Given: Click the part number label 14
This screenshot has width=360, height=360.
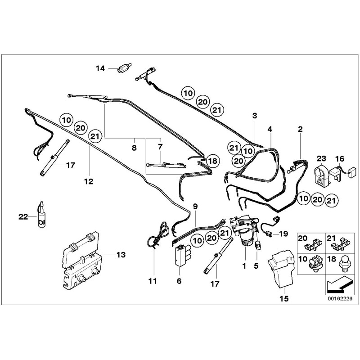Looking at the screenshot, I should point(100,68).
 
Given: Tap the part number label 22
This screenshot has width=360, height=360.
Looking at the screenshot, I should point(23,216).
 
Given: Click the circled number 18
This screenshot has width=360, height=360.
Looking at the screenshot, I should point(213,161).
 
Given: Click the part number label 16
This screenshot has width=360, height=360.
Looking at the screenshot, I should point(339,158).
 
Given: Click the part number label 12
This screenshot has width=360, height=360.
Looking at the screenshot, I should point(88,181).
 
